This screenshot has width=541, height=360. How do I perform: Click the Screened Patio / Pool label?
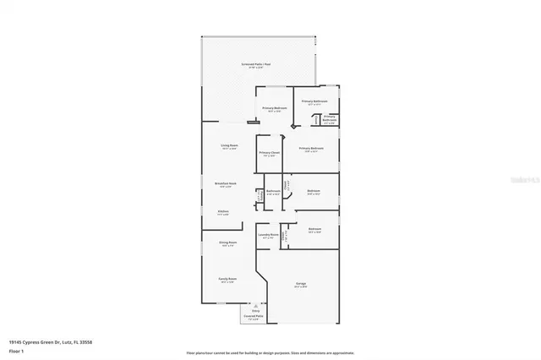tap(256, 64)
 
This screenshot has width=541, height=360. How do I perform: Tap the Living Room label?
tap(229, 145)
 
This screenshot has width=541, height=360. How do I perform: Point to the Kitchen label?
tap(223, 212)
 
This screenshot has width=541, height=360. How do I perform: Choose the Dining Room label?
tap(228, 243)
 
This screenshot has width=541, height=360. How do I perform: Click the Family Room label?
tap(228, 279)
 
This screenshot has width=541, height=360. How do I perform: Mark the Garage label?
tap(301, 283)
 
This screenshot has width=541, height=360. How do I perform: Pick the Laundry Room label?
tap(269, 236)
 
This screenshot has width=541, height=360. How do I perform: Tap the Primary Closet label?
tap(270, 154)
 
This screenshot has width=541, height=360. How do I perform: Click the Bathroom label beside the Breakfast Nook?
tap(273, 191)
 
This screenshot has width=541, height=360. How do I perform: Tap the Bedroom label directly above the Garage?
tap(314, 229)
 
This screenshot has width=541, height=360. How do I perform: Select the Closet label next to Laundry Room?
tap(287, 237)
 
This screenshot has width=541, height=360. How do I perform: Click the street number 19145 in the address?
tap(14, 341)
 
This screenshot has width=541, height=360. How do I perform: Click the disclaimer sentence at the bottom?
tap(270, 352)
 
